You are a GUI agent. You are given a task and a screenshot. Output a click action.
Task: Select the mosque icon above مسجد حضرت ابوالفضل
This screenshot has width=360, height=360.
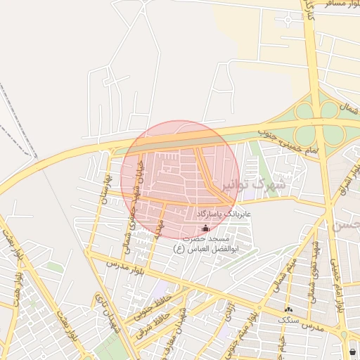(x=205, y=229)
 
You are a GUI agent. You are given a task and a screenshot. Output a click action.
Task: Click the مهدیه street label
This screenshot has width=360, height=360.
(x=158, y=228)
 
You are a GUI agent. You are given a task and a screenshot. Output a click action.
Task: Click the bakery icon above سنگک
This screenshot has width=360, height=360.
(x=288, y=309)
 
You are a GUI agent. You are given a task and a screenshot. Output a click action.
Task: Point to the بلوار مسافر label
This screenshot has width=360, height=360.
(x=331, y=4)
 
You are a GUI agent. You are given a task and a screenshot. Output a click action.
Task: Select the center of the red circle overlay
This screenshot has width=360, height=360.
(x=180, y=180)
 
